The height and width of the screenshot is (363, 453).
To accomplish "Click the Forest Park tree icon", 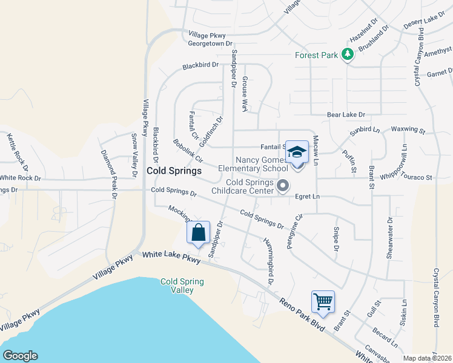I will pyautogui.click(x=348, y=55).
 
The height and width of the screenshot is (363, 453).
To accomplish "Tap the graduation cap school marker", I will pyautogui.click(x=297, y=152).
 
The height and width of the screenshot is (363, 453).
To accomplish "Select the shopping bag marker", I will pyautogui.click(x=199, y=232).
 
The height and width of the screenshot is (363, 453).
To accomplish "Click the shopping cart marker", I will pyautogui.click(x=323, y=301).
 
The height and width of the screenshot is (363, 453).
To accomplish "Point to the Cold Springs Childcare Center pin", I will pyautogui.click(x=283, y=186).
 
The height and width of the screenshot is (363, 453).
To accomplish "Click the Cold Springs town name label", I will pyautogui.click(x=174, y=171).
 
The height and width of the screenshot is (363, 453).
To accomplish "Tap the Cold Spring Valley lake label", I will pyautogui.click(x=182, y=286).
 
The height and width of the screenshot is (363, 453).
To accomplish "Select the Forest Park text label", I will pyautogui.click(x=316, y=55).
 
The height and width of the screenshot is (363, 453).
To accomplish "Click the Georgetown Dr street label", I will pyautogui.click(x=210, y=44).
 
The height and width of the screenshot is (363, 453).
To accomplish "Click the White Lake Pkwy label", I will pyautogui.click(x=171, y=257).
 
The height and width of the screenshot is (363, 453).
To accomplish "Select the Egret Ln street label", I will pyautogui.click(x=307, y=197).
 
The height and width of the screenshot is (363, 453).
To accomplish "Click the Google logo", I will pyautogui.click(x=20, y=356).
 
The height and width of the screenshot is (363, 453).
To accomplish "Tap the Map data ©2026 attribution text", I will pyautogui.click(x=426, y=358).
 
